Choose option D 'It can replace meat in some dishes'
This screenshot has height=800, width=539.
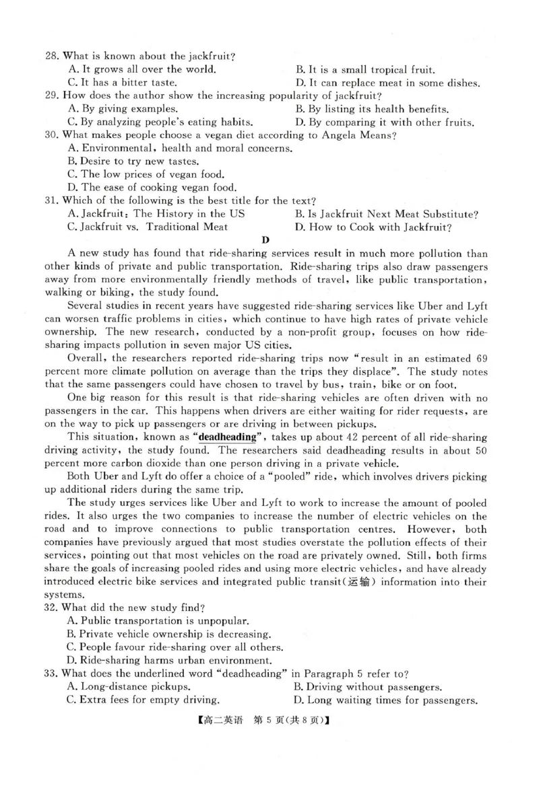click(x=387, y=83)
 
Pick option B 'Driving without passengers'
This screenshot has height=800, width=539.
click(x=368, y=687)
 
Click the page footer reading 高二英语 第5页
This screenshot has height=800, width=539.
click(x=269, y=721)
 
